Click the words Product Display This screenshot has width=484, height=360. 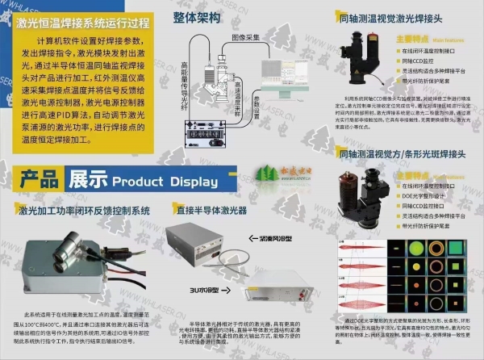click(x=158, y=181)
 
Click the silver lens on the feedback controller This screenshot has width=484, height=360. click(x=48, y=242)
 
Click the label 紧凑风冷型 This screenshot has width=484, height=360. click(x=261, y=240)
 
